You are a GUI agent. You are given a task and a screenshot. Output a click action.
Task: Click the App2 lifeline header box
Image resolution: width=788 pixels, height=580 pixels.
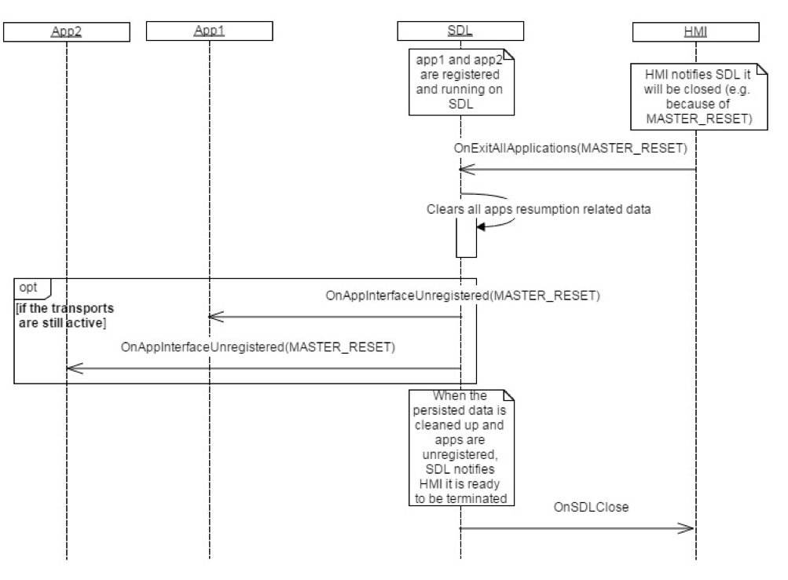coord(67,31)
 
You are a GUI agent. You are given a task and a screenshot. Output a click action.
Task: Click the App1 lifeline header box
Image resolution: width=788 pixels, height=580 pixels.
coord(210,31)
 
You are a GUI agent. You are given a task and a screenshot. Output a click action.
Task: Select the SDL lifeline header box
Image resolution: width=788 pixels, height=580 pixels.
coord(460,31)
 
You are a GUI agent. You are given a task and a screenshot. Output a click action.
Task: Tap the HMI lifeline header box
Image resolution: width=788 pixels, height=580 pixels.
coord(696,31)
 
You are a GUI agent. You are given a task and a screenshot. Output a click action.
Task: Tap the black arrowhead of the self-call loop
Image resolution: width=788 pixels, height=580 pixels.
coord(481,226)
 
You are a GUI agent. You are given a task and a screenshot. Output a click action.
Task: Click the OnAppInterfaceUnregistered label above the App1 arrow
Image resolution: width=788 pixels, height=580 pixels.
coord(463,296)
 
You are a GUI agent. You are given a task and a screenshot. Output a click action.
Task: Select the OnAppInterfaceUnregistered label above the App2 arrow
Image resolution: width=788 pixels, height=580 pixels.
coord(257,347)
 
